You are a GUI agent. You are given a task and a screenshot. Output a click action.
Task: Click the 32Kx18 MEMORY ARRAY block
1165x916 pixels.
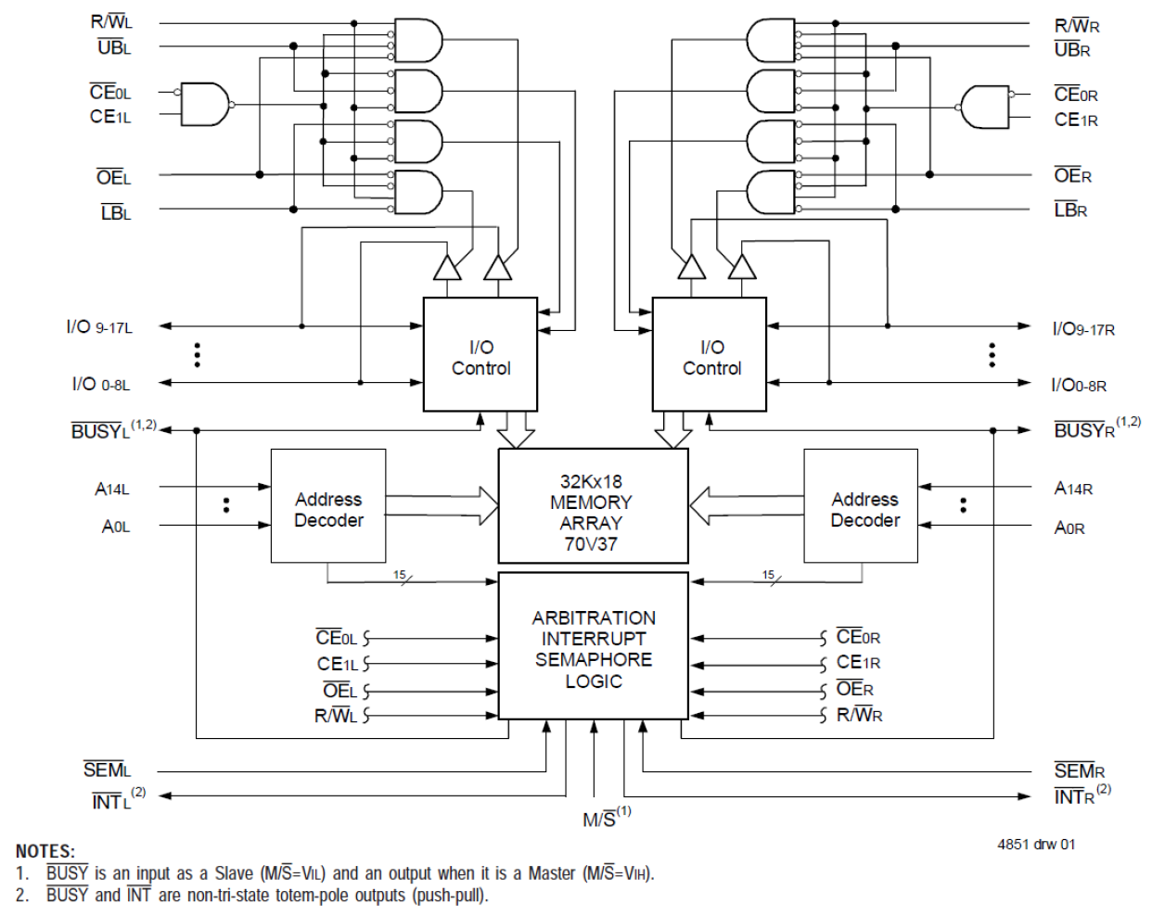(593, 506)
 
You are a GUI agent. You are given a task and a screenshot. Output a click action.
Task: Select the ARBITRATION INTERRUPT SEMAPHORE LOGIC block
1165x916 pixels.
(593, 646)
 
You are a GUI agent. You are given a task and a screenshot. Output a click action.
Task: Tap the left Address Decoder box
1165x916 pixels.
(328, 506)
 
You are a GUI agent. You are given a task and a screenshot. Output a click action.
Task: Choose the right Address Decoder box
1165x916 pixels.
(861, 506)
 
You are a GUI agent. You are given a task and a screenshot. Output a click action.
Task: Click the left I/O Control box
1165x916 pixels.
(480, 354)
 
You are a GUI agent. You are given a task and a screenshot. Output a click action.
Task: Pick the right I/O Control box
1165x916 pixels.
(710, 354)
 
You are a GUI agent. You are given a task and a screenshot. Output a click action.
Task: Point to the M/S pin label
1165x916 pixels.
(607, 818)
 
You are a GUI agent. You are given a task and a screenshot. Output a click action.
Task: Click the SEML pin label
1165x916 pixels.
(108, 770)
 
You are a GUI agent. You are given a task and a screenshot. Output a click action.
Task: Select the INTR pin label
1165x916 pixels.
(1082, 795)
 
